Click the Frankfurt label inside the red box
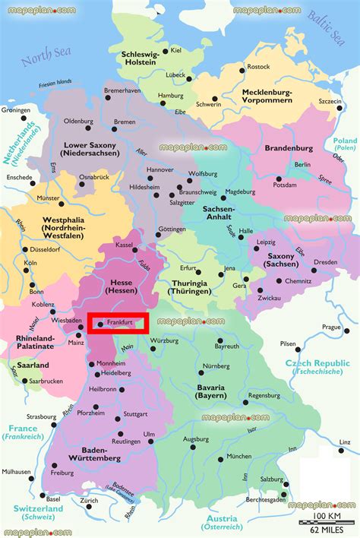pos(120,323)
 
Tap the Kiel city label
pos(176,50)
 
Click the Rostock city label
pos(258,67)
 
